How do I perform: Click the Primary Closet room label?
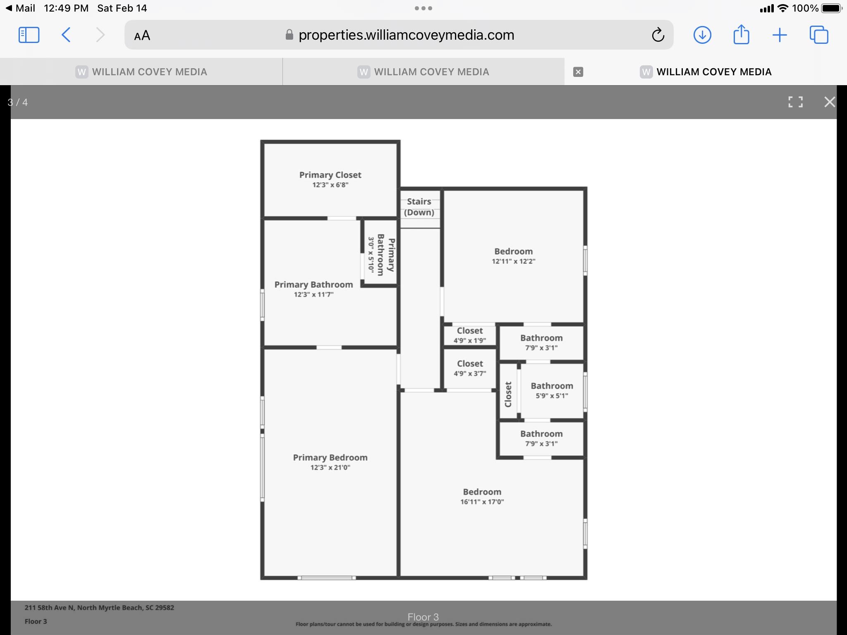pos(330,175)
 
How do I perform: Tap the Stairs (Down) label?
pos(419,207)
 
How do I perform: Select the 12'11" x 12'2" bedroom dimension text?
pos(513,261)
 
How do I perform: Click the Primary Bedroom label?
pos(330,457)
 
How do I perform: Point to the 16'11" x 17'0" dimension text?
pos(482,502)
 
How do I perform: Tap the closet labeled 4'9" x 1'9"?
pos(469,335)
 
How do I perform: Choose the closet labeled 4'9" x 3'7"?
pos(470,368)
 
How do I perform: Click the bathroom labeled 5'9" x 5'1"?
pos(552,390)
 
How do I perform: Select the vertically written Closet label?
pos(508,394)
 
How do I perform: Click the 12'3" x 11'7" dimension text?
pos(313,295)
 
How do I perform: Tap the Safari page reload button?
pos(658,35)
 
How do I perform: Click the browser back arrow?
pos(66,35)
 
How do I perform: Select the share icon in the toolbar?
pos(741,34)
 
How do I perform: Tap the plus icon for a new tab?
pos(780,35)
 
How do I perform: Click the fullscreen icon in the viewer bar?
pos(795,102)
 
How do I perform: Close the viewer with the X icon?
pos(830,102)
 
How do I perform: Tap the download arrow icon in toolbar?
pos(702,35)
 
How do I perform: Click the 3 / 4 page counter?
pos(18,102)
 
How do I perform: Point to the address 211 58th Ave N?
pos(49,608)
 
